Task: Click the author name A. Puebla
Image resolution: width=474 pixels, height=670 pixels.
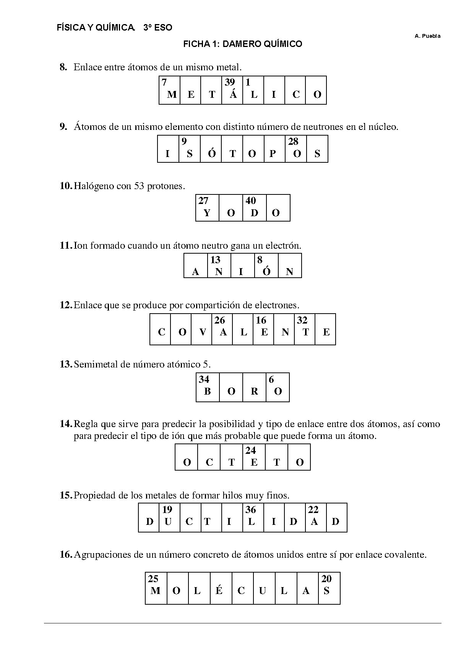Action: (427, 36)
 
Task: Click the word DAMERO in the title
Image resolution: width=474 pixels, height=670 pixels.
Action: (238, 44)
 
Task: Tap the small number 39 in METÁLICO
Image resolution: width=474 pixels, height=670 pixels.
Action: (230, 82)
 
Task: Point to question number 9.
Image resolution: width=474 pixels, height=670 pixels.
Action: (64, 127)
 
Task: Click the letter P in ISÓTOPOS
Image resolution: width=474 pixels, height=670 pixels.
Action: (273, 154)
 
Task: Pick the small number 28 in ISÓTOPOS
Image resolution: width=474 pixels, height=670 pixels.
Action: (293, 142)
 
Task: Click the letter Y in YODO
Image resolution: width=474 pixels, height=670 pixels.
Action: (207, 213)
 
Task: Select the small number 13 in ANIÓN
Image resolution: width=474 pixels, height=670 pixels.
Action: (216, 260)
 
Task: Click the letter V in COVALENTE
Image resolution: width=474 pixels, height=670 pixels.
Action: (203, 332)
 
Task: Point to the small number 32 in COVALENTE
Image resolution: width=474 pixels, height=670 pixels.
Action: (302, 320)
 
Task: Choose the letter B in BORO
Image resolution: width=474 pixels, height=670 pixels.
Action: (208, 392)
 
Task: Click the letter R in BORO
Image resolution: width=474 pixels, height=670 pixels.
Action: (254, 392)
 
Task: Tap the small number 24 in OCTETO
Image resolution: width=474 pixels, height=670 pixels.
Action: (250, 451)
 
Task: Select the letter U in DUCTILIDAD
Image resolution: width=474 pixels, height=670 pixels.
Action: (168, 522)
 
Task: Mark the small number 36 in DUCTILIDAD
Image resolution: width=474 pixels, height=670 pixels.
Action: (250, 510)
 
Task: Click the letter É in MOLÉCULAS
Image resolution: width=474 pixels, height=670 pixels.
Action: (219, 591)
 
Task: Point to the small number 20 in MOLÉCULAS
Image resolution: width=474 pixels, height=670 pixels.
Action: (326, 579)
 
